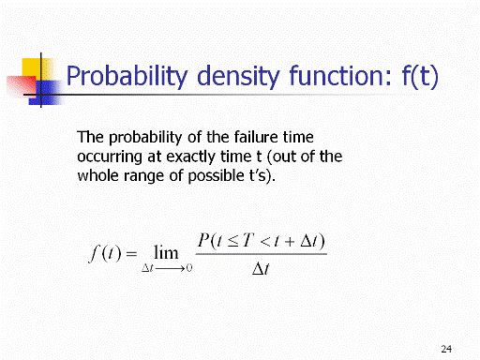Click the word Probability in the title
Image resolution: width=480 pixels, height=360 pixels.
(127, 76)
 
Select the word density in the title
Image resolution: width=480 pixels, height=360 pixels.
(238, 76)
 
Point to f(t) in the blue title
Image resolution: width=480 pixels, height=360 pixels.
(420, 76)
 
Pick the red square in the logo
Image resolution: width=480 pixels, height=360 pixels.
(21, 85)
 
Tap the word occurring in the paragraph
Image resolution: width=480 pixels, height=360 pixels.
(110, 157)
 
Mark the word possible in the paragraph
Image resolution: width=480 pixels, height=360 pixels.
(216, 176)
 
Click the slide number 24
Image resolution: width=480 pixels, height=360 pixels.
(446, 349)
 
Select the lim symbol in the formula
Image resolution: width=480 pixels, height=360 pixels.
(166, 252)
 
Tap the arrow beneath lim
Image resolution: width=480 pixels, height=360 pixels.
(170, 268)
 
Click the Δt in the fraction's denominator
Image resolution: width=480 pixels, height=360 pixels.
(261, 269)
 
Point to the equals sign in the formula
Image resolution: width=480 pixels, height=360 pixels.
(131, 253)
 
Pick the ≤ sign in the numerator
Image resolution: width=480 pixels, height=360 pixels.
(232, 241)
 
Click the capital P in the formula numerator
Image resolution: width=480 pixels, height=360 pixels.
(203, 241)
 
